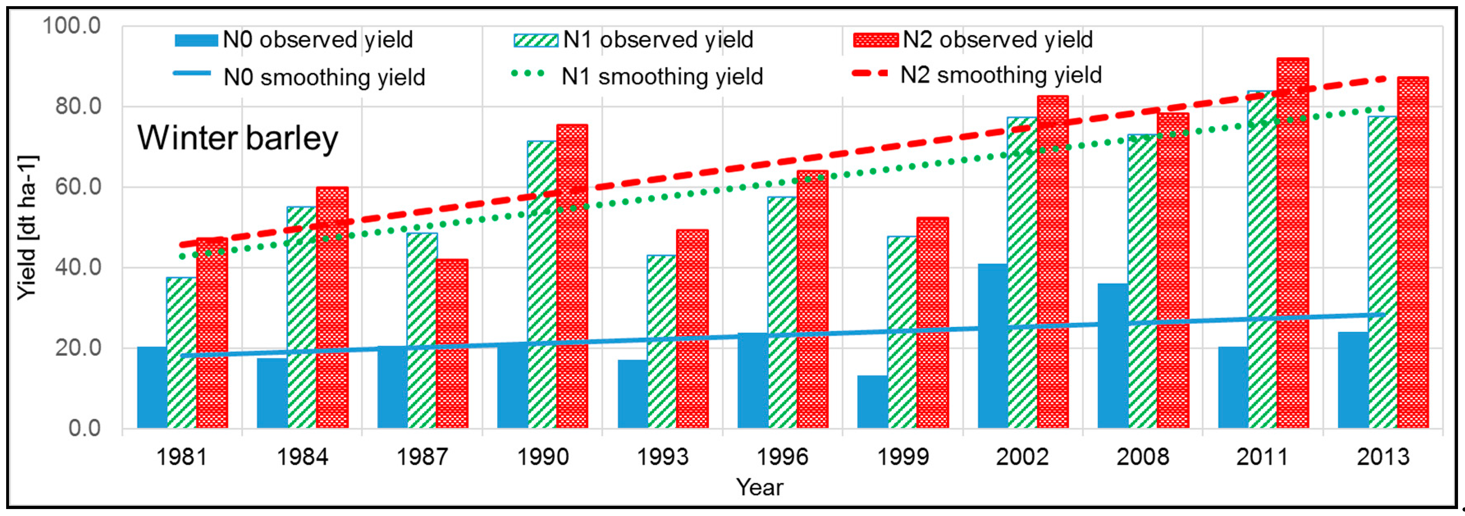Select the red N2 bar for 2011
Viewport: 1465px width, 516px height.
pyautogui.click(x=1292, y=244)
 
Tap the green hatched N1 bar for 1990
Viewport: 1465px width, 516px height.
pyautogui.click(x=542, y=284)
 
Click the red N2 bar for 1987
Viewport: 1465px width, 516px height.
pyautogui.click(x=452, y=344)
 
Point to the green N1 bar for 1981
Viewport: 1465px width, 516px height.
pyautogui.click(x=181, y=352)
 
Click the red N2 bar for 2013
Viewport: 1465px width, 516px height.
pyautogui.click(x=1412, y=253)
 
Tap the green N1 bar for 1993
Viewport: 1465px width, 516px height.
pyautogui.click(x=661, y=341)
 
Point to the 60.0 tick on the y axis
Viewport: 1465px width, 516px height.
pyautogui.click(x=78, y=186)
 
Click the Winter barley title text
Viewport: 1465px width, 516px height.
pyautogui.click(x=238, y=138)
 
